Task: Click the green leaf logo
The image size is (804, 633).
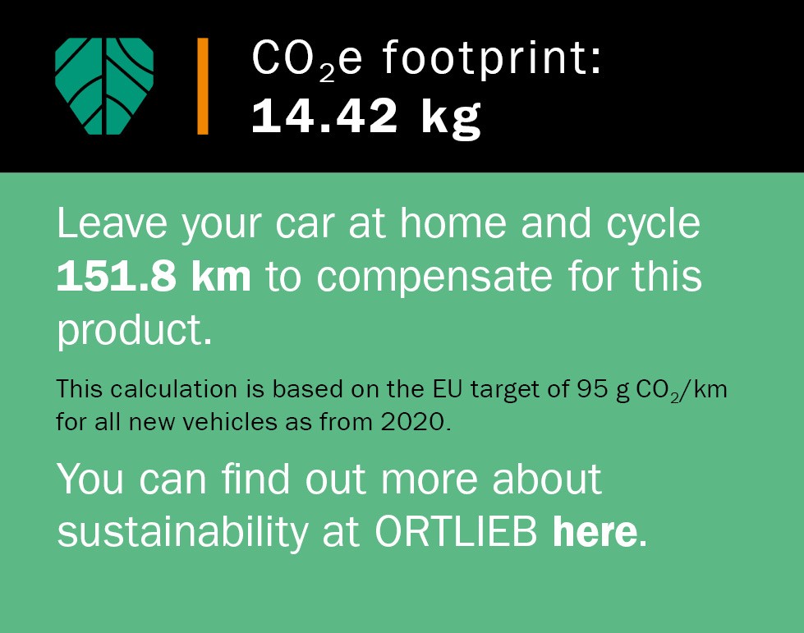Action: tap(104, 86)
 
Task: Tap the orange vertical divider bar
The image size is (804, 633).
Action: tap(203, 86)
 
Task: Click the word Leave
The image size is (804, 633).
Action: tap(112, 223)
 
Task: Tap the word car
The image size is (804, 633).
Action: tap(305, 227)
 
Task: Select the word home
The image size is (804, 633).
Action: tap(453, 223)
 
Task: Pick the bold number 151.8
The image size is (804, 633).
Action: tap(117, 277)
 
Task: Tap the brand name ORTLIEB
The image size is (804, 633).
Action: tap(457, 531)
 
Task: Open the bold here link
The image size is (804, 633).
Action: tap(595, 531)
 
